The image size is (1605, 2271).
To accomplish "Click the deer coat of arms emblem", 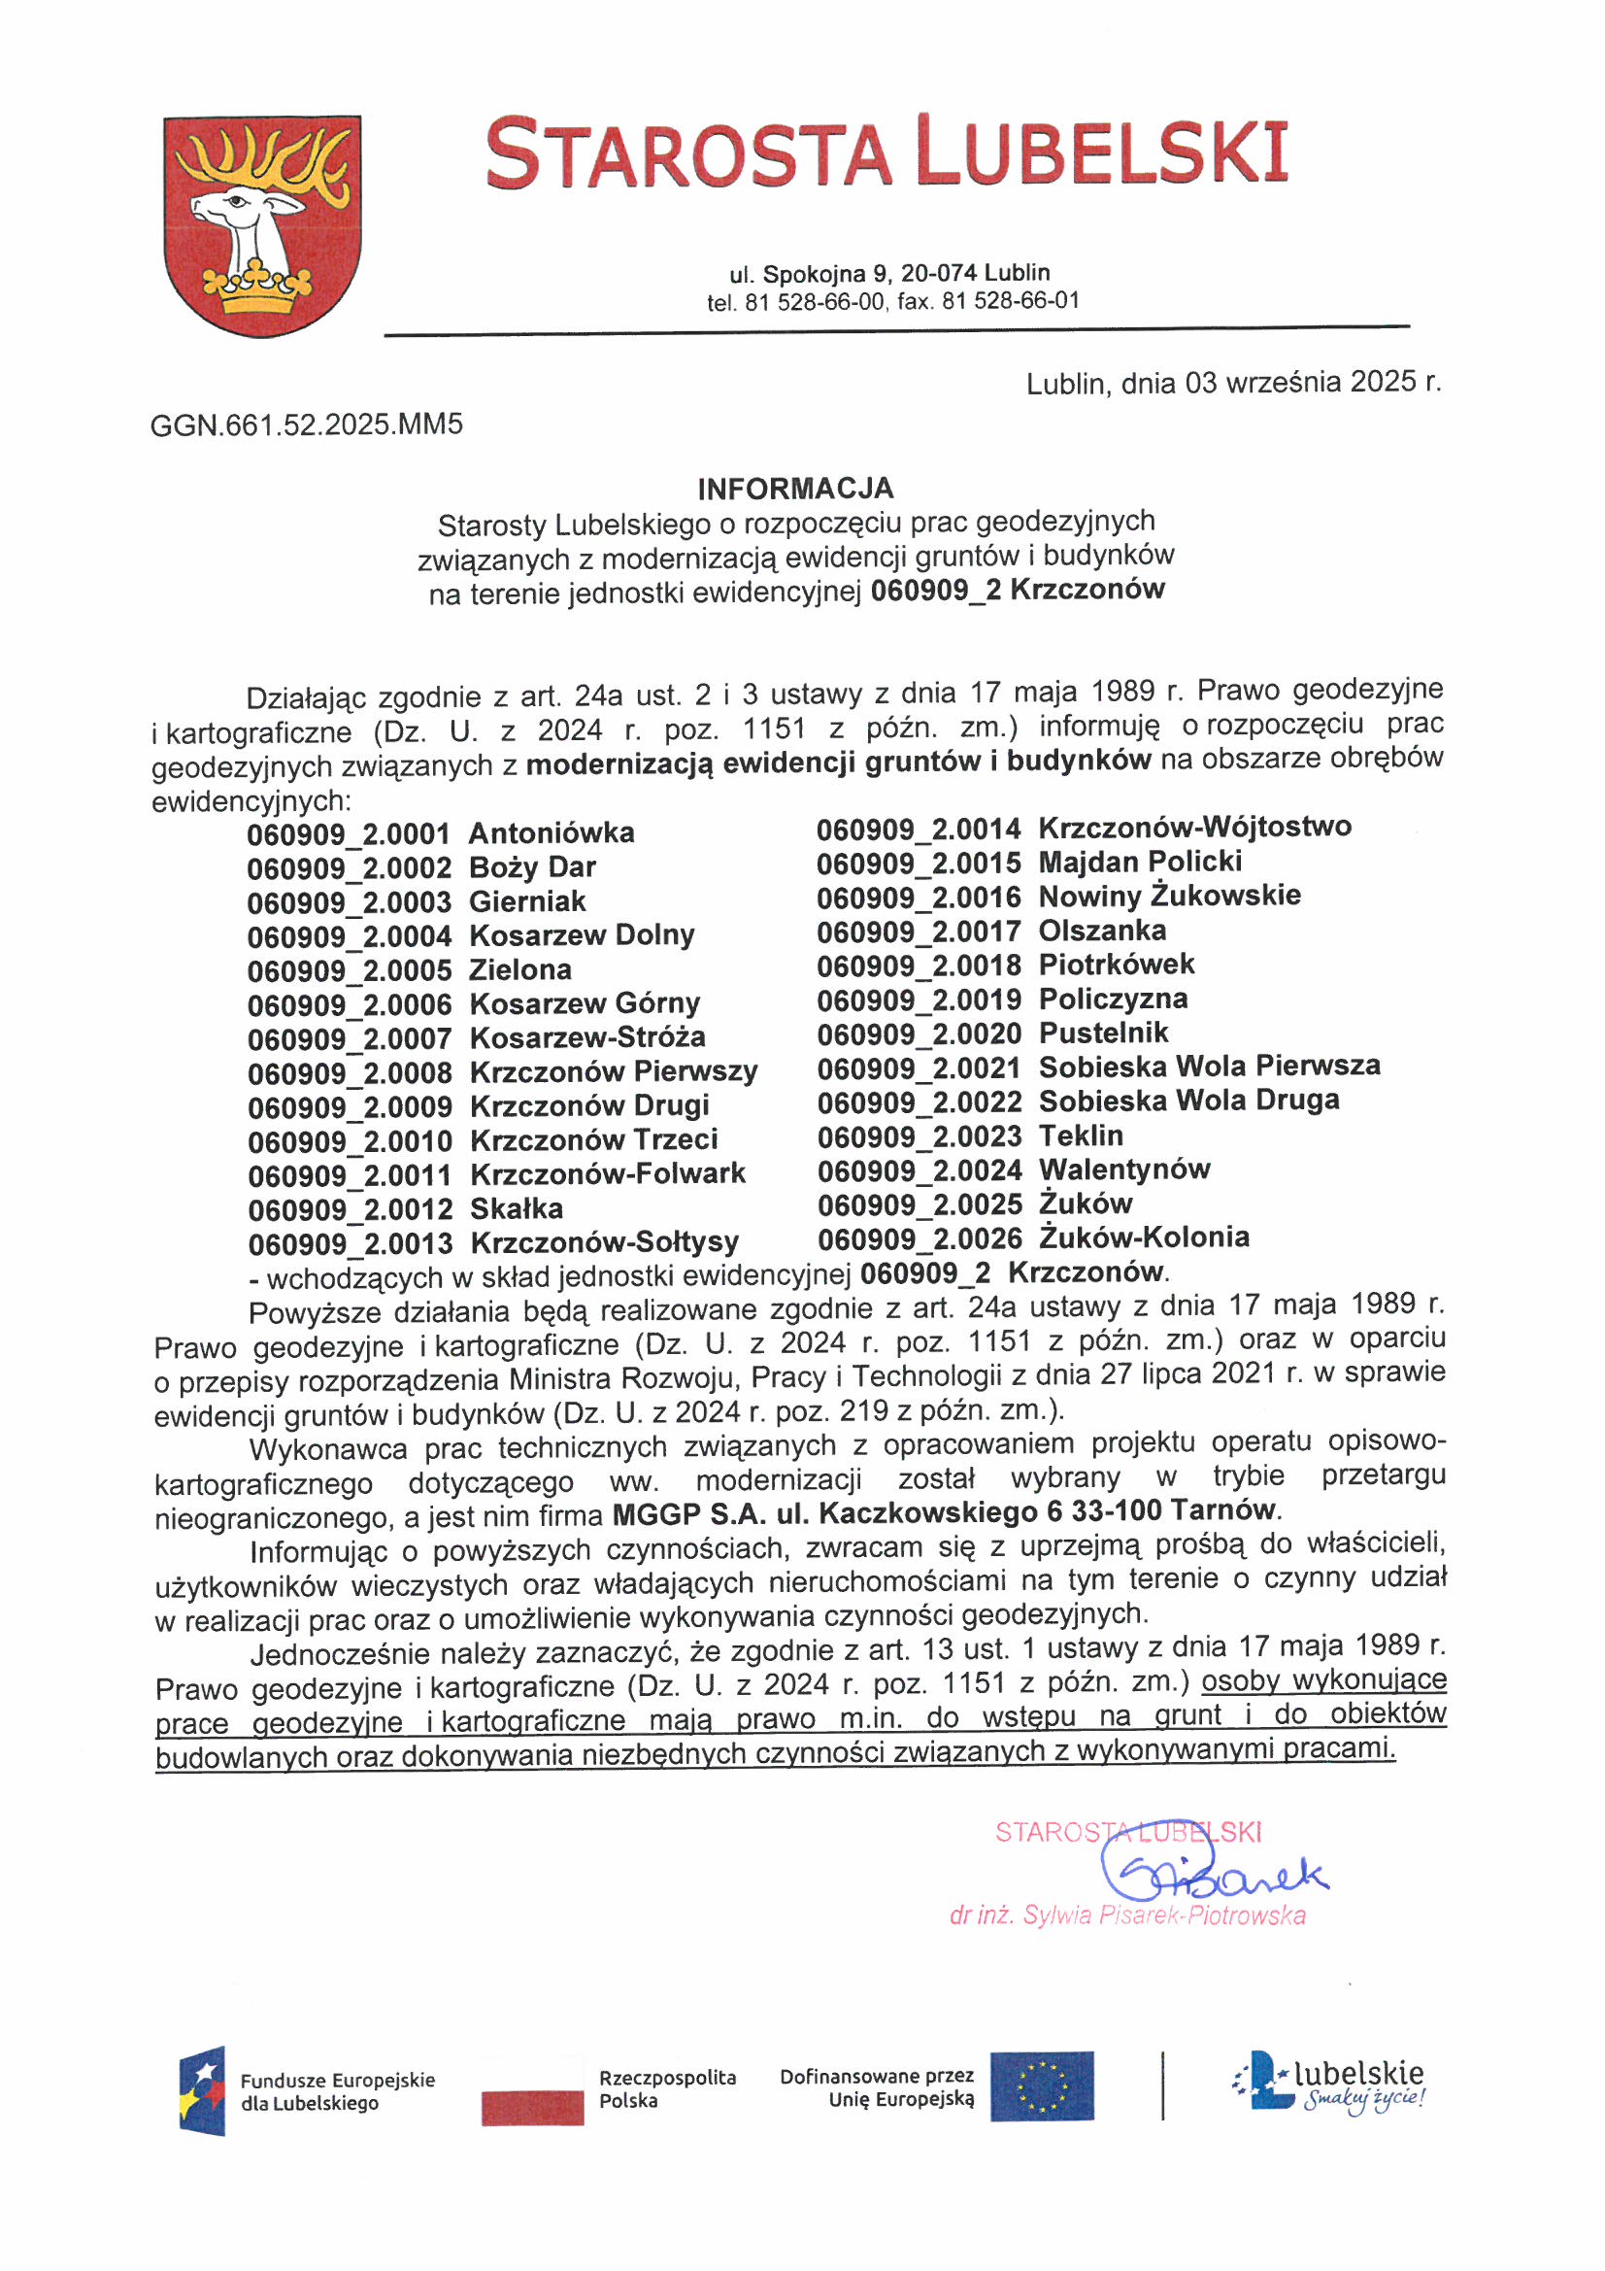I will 262,225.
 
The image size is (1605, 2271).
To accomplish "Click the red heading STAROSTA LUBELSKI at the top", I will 887,153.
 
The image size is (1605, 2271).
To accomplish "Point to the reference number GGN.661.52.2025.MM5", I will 307,425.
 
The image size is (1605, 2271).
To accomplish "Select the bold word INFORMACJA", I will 795,489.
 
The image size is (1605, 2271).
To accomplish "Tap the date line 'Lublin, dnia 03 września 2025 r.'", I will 1233,383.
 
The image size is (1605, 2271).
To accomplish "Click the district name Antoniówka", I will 552,833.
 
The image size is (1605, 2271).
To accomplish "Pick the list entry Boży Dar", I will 532,867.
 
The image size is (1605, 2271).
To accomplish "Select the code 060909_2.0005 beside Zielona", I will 350,970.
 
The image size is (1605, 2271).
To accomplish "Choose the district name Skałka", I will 517,1208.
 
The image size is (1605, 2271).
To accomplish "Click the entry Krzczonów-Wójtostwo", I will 1194,827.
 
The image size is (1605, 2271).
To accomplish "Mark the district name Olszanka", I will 1102,931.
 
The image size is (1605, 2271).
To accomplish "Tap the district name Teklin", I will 1081,1135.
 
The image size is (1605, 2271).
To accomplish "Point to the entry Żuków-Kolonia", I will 1144,1237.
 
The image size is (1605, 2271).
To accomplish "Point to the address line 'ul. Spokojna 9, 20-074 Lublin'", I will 889,274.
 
